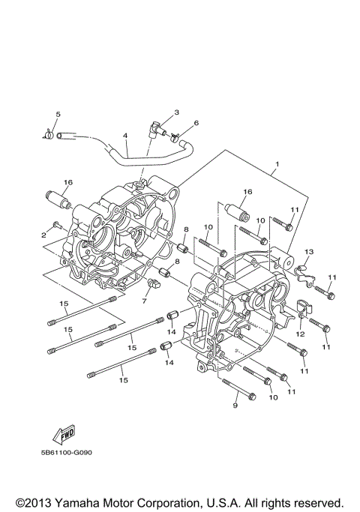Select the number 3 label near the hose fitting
click(176, 112)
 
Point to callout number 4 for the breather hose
click(126, 136)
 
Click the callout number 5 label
click(56, 113)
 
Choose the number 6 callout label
click(196, 123)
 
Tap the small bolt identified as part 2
click(58, 225)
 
